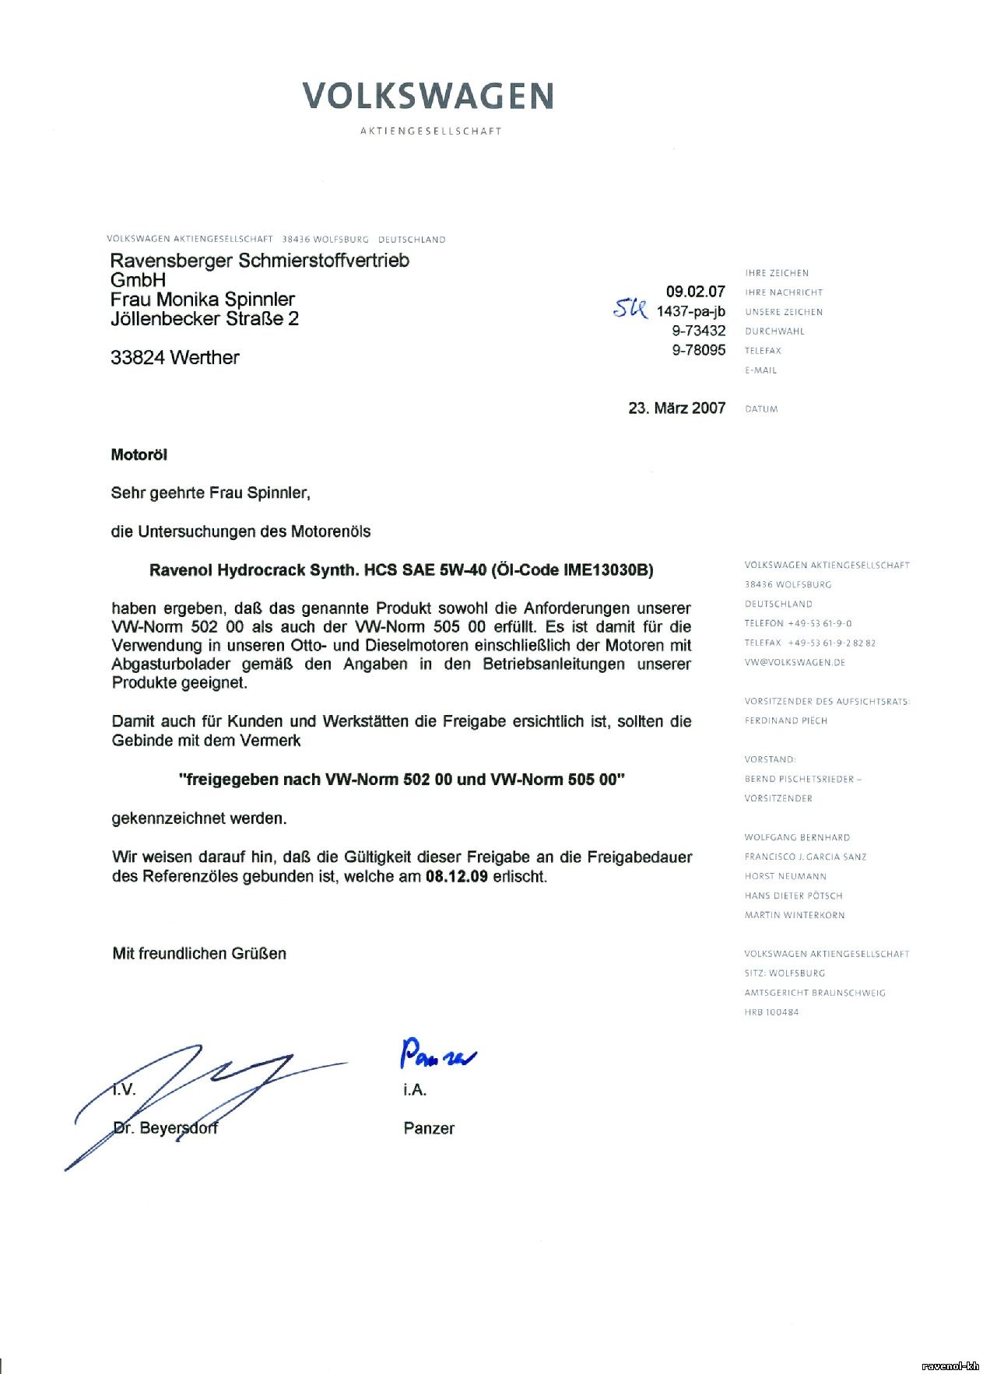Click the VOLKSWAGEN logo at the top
428,96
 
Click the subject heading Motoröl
139,455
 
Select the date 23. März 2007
676,408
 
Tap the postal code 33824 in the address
137,358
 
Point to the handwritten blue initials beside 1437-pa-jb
630,309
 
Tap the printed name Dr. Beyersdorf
165,1128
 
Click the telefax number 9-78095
698,350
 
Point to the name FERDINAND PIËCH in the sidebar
785,721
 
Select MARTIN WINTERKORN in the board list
794,916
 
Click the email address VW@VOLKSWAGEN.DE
794,663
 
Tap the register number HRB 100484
771,1013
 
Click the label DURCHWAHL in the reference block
774,331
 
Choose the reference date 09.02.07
695,292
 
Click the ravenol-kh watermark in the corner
950,1365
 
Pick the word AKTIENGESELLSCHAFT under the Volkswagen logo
430,131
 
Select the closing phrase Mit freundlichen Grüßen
199,954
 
